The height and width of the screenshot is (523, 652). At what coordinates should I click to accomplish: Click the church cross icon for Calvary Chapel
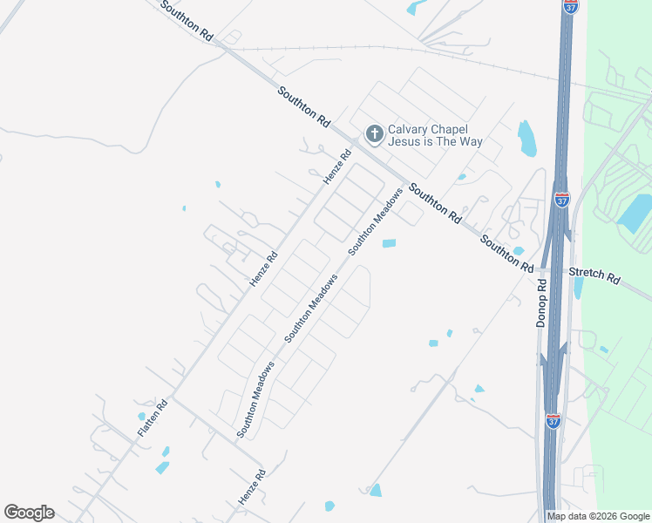tap(375, 134)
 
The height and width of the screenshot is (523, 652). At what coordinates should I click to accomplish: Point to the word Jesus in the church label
tap(404, 141)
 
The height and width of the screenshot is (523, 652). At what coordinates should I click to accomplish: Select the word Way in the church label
tap(472, 141)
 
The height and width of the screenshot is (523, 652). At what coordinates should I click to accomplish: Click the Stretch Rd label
tap(594, 275)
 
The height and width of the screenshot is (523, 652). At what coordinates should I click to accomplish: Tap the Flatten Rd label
tap(152, 418)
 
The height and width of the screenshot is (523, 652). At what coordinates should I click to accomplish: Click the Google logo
tap(29, 513)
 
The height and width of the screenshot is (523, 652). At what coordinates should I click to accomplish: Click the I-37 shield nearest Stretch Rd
tap(561, 200)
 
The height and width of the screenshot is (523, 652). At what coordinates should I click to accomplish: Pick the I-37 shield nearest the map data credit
tap(553, 420)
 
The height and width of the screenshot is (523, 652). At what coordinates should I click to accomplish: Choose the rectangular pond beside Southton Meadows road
tap(389, 243)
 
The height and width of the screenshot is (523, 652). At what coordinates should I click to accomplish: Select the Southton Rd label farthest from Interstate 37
tap(187, 19)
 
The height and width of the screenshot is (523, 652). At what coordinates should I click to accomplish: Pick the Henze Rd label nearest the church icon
tap(336, 166)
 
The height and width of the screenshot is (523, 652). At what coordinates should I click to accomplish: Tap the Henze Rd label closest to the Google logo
tap(251, 487)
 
